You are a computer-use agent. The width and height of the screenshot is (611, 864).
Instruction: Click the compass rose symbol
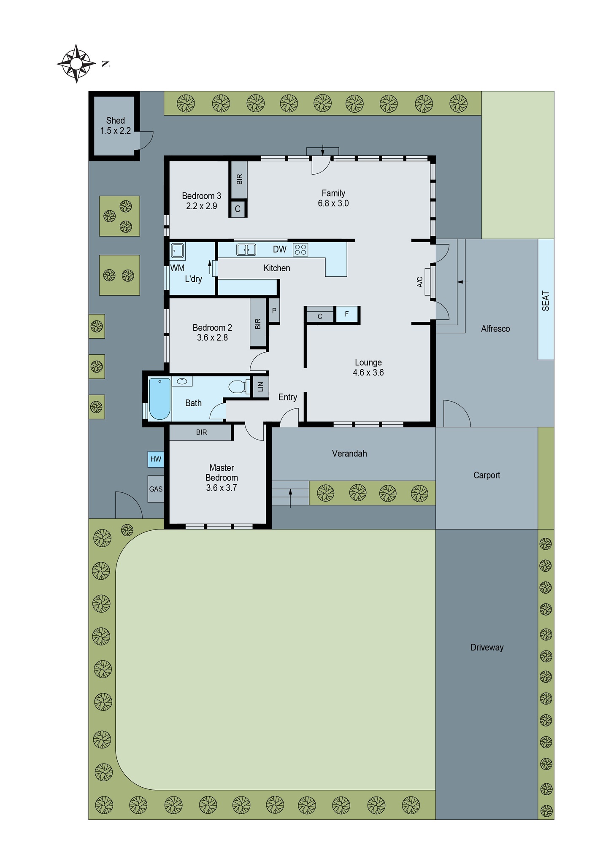pyautogui.click(x=76, y=64)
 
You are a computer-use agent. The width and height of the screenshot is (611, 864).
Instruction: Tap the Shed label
pyautogui.click(x=115, y=121)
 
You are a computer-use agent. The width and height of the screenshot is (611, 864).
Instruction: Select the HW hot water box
pyautogui.click(x=156, y=459)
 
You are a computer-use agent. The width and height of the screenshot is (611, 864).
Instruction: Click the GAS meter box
pyautogui.click(x=156, y=489)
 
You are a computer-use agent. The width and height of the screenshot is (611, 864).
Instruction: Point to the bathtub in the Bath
pyautogui.click(x=160, y=399)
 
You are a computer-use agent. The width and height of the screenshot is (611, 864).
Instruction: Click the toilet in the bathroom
pyautogui.click(x=238, y=386)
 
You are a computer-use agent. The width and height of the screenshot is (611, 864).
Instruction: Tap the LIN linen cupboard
pyautogui.click(x=260, y=386)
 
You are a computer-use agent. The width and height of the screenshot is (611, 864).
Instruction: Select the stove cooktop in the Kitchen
pyautogui.click(x=300, y=249)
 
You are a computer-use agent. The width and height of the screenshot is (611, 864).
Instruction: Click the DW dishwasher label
pyautogui.click(x=279, y=249)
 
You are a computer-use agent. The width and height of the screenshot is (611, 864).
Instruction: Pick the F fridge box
pyautogui.click(x=347, y=314)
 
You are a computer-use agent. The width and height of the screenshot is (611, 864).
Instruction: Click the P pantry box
pyautogui.click(x=274, y=311)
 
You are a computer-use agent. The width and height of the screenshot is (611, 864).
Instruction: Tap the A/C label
pyautogui.click(x=420, y=282)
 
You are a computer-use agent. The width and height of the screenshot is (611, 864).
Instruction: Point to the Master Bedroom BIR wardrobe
pyautogui.click(x=201, y=432)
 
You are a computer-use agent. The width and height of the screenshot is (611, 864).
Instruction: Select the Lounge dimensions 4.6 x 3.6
pyautogui.click(x=368, y=373)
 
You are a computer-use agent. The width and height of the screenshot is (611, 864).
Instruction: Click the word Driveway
pyautogui.click(x=487, y=647)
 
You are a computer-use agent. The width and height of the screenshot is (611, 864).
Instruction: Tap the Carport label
pyautogui.click(x=487, y=475)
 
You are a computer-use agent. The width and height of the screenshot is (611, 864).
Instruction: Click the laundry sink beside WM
pyautogui.click(x=178, y=251)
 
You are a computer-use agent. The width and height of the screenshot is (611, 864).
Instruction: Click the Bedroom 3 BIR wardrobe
pyautogui.click(x=239, y=180)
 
